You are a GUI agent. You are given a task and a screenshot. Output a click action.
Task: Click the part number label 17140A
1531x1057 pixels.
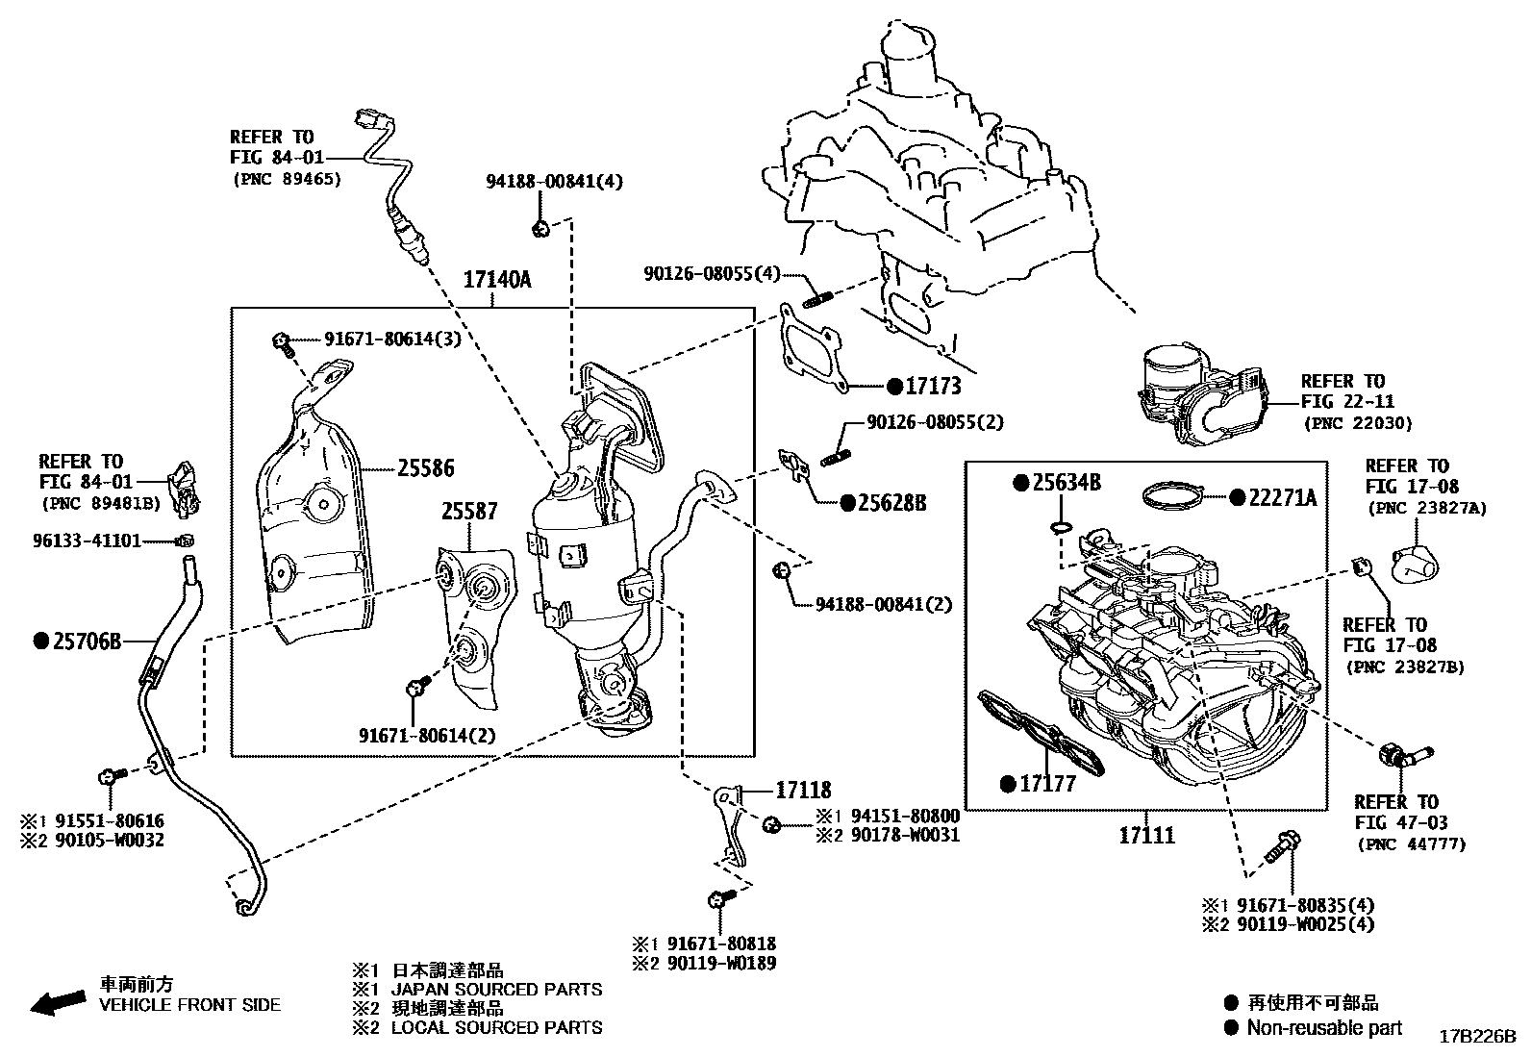point(496,280)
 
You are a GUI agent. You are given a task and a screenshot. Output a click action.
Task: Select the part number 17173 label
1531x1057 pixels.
point(934,387)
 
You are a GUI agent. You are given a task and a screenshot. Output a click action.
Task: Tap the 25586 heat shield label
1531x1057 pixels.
point(426,469)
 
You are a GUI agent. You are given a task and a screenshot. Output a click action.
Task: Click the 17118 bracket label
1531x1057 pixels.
point(803,791)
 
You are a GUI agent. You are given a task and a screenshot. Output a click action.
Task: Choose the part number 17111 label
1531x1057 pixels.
point(1146,836)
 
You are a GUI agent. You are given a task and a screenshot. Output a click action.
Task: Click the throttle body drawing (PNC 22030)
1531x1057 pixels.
point(1202,394)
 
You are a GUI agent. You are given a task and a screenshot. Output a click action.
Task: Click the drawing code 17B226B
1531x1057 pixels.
point(1477,1037)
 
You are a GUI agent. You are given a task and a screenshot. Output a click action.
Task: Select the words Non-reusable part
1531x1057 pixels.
point(1324,1027)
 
